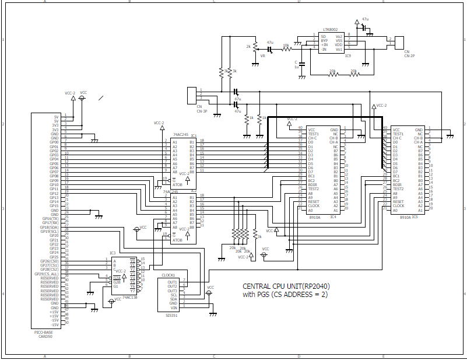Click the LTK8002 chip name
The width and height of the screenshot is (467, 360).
point(330,29)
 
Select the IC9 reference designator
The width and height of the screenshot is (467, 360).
point(347,55)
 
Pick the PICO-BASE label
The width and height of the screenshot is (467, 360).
point(44,331)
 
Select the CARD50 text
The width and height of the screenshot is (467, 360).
point(44,336)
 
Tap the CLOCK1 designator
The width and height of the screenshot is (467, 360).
point(168,275)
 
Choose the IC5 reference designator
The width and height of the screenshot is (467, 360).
point(415,217)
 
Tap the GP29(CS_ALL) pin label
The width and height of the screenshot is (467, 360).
point(47,274)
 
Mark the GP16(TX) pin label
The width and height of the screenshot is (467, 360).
point(51,218)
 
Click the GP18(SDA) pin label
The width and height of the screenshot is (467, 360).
point(50,227)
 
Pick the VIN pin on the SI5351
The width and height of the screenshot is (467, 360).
point(173,307)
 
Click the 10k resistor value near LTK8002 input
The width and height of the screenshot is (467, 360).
point(286,45)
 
